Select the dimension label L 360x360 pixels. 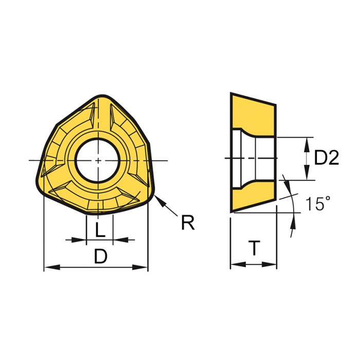[100, 230]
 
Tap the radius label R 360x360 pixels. [187, 223]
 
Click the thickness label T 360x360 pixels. [254, 249]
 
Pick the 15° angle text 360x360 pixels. [316, 204]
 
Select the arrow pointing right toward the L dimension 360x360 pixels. [77, 240]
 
